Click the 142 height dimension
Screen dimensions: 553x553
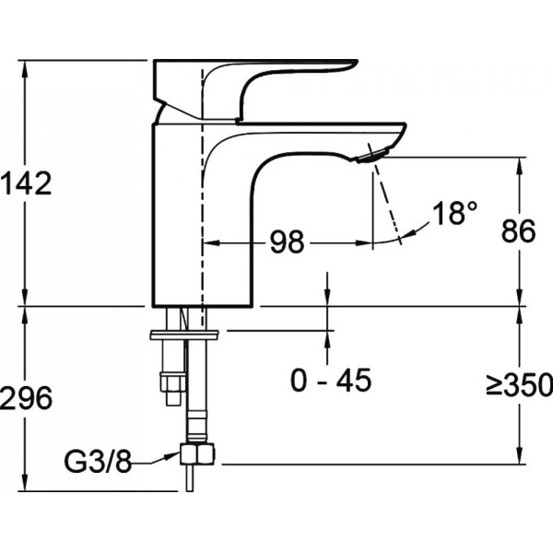point(26,183)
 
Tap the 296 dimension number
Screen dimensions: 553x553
point(26,398)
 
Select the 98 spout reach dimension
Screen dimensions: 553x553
point(287,241)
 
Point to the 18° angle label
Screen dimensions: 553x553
point(455,213)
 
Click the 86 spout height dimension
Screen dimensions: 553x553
point(518,231)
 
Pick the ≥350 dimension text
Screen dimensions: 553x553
point(519,383)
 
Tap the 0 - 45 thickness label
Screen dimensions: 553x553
point(331,380)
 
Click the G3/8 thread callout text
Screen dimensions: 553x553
point(98,462)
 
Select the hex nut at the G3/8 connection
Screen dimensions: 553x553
point(197,453)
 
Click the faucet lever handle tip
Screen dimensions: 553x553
point(356,63)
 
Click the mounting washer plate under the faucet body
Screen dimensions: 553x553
point(184,335)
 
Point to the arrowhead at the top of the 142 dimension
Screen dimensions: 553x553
point(25,67)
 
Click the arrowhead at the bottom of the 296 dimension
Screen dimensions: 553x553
point(25,484)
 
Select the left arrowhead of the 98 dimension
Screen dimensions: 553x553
point(211,243)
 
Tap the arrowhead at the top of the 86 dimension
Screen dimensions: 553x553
point(519,164)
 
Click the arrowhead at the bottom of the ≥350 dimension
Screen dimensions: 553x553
point(519,457)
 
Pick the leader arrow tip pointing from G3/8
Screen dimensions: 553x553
point(177,454)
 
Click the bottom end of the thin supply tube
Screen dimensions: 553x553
point(190,490)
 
